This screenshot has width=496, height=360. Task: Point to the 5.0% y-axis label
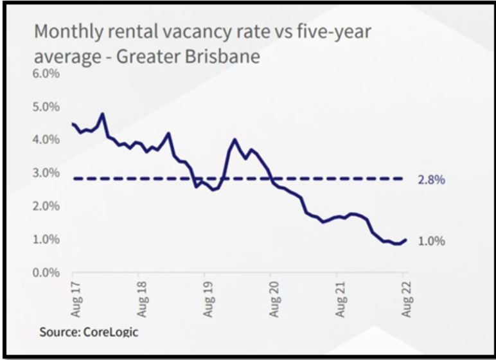[x=46, y=107]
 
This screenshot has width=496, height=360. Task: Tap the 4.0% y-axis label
[x=46, y=139]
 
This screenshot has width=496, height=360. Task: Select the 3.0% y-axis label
[x=46, y=173]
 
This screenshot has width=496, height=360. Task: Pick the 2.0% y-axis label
[x=46, y=206]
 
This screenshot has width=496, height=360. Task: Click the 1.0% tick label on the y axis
[x=46, y=240]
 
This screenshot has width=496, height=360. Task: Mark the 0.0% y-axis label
[x=46, y=273]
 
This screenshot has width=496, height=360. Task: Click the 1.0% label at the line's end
[x=432, y=241]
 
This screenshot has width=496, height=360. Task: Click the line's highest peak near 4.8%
[x=102, y=114]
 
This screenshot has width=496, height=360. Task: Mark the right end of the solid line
[x=405, y=240]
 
